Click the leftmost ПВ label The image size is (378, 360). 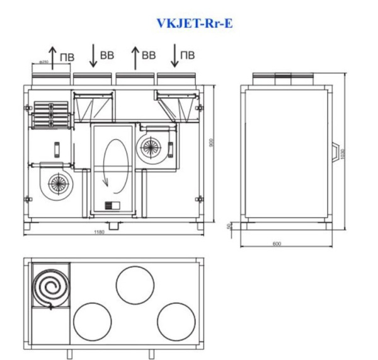click(66, 58)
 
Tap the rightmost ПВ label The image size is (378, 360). click(187, 55)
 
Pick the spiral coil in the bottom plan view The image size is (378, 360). click(50, 287)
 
